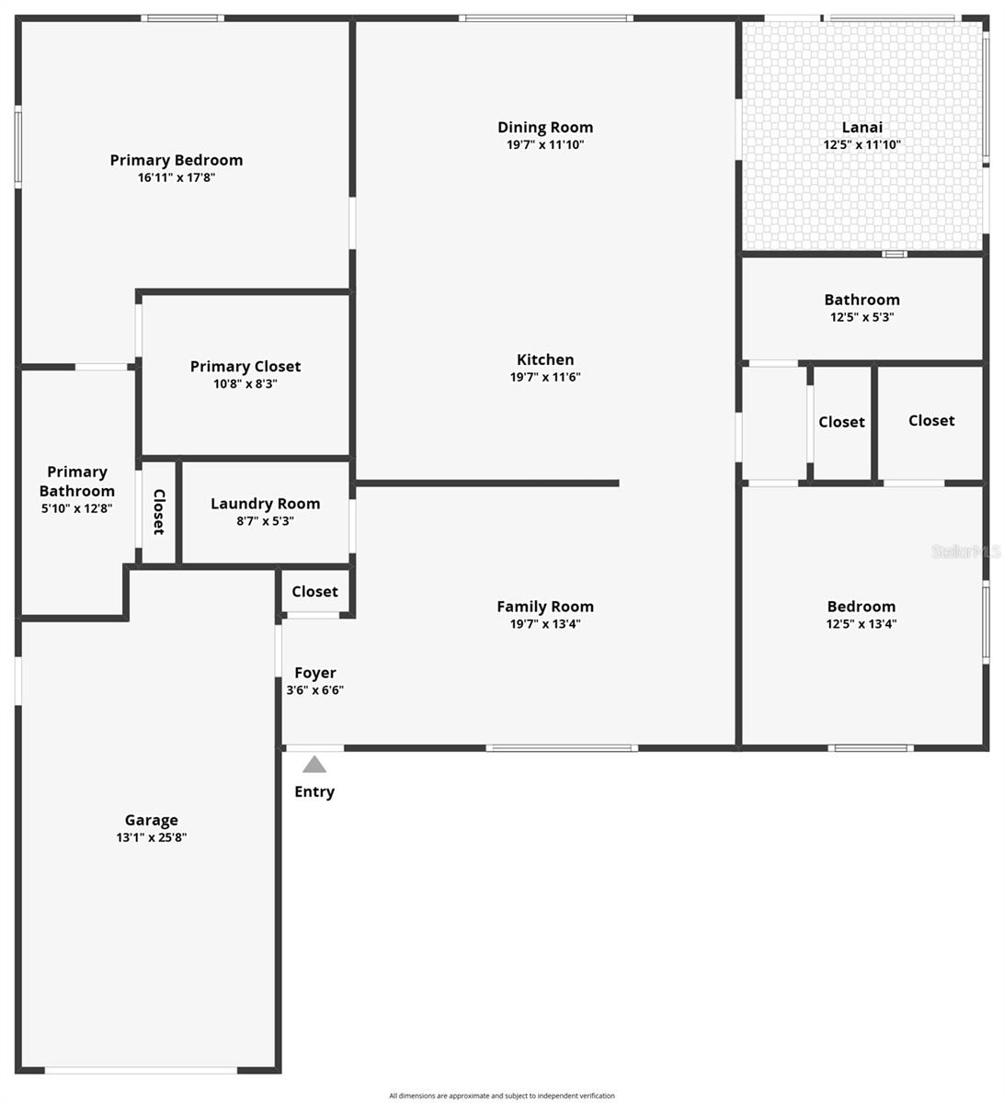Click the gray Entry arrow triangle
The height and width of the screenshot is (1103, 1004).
click(314, 765)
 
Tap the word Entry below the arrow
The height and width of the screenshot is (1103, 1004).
click(314, 792)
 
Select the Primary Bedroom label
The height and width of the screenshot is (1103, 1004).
click(177, 160)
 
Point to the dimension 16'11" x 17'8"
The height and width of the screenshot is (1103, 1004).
click(177, 177)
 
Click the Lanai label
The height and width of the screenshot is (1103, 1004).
click(862, 128)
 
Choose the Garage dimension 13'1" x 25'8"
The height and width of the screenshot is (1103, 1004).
click(152, 837)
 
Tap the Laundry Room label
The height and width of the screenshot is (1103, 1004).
click(266, 504)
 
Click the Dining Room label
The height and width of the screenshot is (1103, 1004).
click(545, 128)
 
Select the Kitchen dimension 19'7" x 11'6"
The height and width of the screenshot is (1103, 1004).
click(545, 377)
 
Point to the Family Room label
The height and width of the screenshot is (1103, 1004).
click(545, 607)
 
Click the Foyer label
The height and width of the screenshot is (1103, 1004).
click(315, 673)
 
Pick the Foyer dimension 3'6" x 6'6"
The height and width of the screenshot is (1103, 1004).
click(315, 690)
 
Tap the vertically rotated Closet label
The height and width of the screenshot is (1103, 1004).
click(158, 512)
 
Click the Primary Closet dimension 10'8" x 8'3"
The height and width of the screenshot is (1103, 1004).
click(245, 384)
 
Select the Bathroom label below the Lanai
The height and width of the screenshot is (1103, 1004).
click(862, 300)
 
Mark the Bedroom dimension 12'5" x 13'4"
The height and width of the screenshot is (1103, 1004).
click(861, 624)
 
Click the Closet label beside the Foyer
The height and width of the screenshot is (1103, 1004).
click(314, 592)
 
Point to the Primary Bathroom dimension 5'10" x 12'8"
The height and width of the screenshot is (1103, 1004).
click(77, 507)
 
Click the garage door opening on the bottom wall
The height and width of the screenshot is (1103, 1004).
click(141, 1070)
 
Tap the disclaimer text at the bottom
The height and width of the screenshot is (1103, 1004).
click(502, 1095)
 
